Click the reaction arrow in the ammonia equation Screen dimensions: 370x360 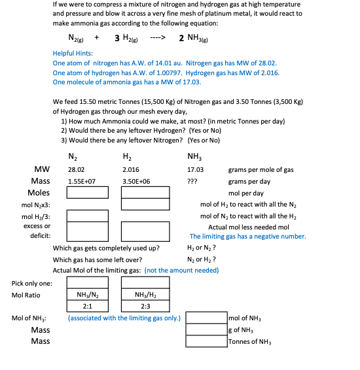[x=157, y=37]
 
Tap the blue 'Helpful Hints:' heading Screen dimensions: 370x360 [x=73, y=54]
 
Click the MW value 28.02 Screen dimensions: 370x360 [x=76, y=169]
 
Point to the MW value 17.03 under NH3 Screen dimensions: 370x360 [x=196, y=169]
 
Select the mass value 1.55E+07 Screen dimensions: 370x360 [x=82, y=181]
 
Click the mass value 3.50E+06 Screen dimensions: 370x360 [x=136, y=181]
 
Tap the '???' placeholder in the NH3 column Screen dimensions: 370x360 [x=192, y=181]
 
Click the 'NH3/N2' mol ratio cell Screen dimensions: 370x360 [x=88, y=295]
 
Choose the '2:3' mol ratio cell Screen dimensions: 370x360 [x=145, y=306]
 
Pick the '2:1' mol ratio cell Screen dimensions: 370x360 [x=87, y=306]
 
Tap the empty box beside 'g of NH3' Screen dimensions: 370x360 [x=206, y=329]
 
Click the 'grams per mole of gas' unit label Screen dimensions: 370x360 [x=261, y=169]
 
